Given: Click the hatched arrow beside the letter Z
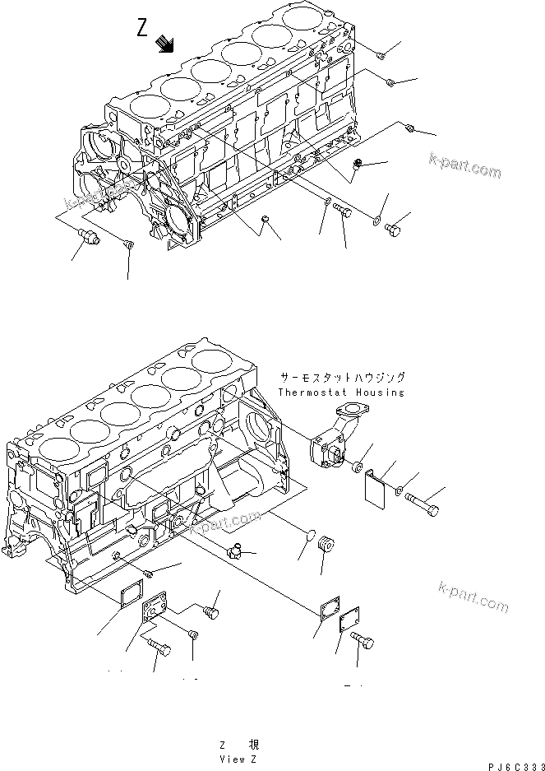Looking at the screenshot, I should pyautogui.click(x=166, y=44).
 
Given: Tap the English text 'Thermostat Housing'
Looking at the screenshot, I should pyautogui.click(x=341, y=392).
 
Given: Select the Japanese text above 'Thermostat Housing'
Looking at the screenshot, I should pyautogui.click(x=342, y=378).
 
